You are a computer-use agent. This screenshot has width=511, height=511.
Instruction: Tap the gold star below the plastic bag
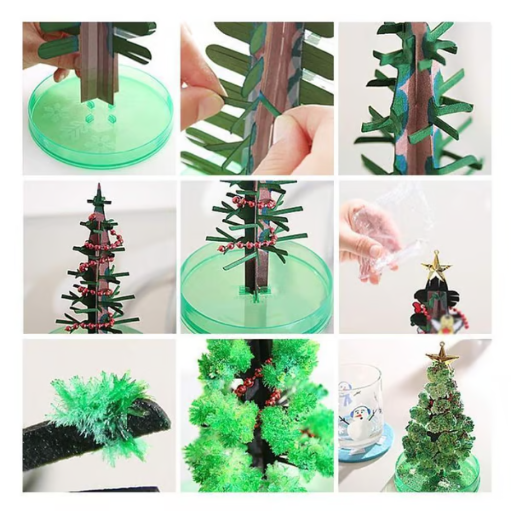tap(435, 267)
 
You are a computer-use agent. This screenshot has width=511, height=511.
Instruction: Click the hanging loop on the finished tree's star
tap(443, 345)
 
